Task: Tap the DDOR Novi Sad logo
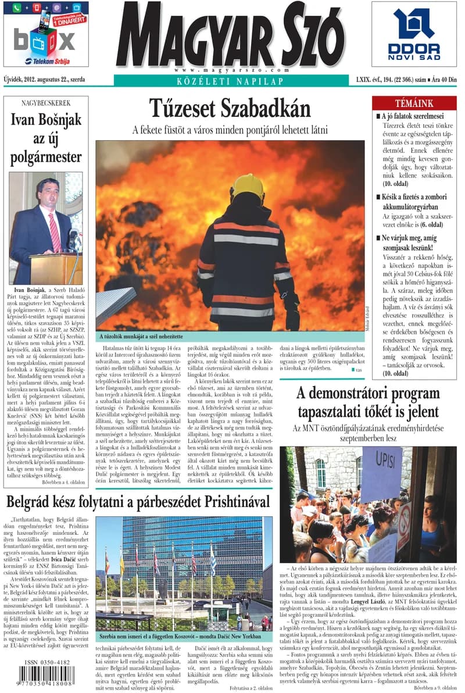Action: (x=414, y=34)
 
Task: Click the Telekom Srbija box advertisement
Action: (x=46, y=34)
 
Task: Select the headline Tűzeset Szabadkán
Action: (x=230, y=109)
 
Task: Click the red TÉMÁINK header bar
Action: (x=414, y=103)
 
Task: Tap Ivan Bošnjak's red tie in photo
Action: (x=54, y=232)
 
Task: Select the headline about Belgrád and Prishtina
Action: (x=138, y=501)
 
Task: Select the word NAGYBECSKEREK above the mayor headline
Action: (x=46, y=105)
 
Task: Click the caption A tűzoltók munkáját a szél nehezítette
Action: (x=141, y=336)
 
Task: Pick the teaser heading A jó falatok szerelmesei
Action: (x=413, y=116)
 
